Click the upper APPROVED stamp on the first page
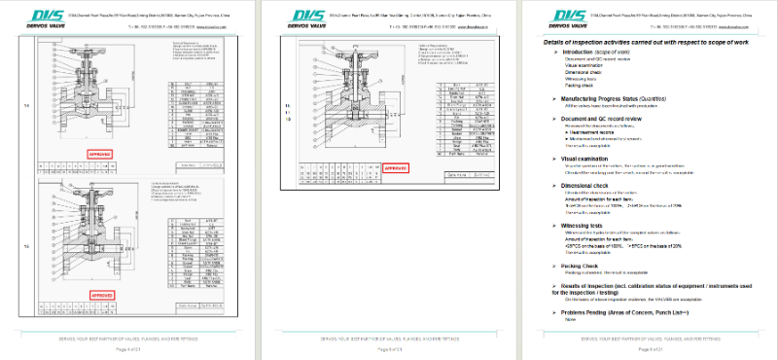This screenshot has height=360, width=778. tap(101, 154)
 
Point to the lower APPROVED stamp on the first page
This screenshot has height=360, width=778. tap(101, 293)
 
